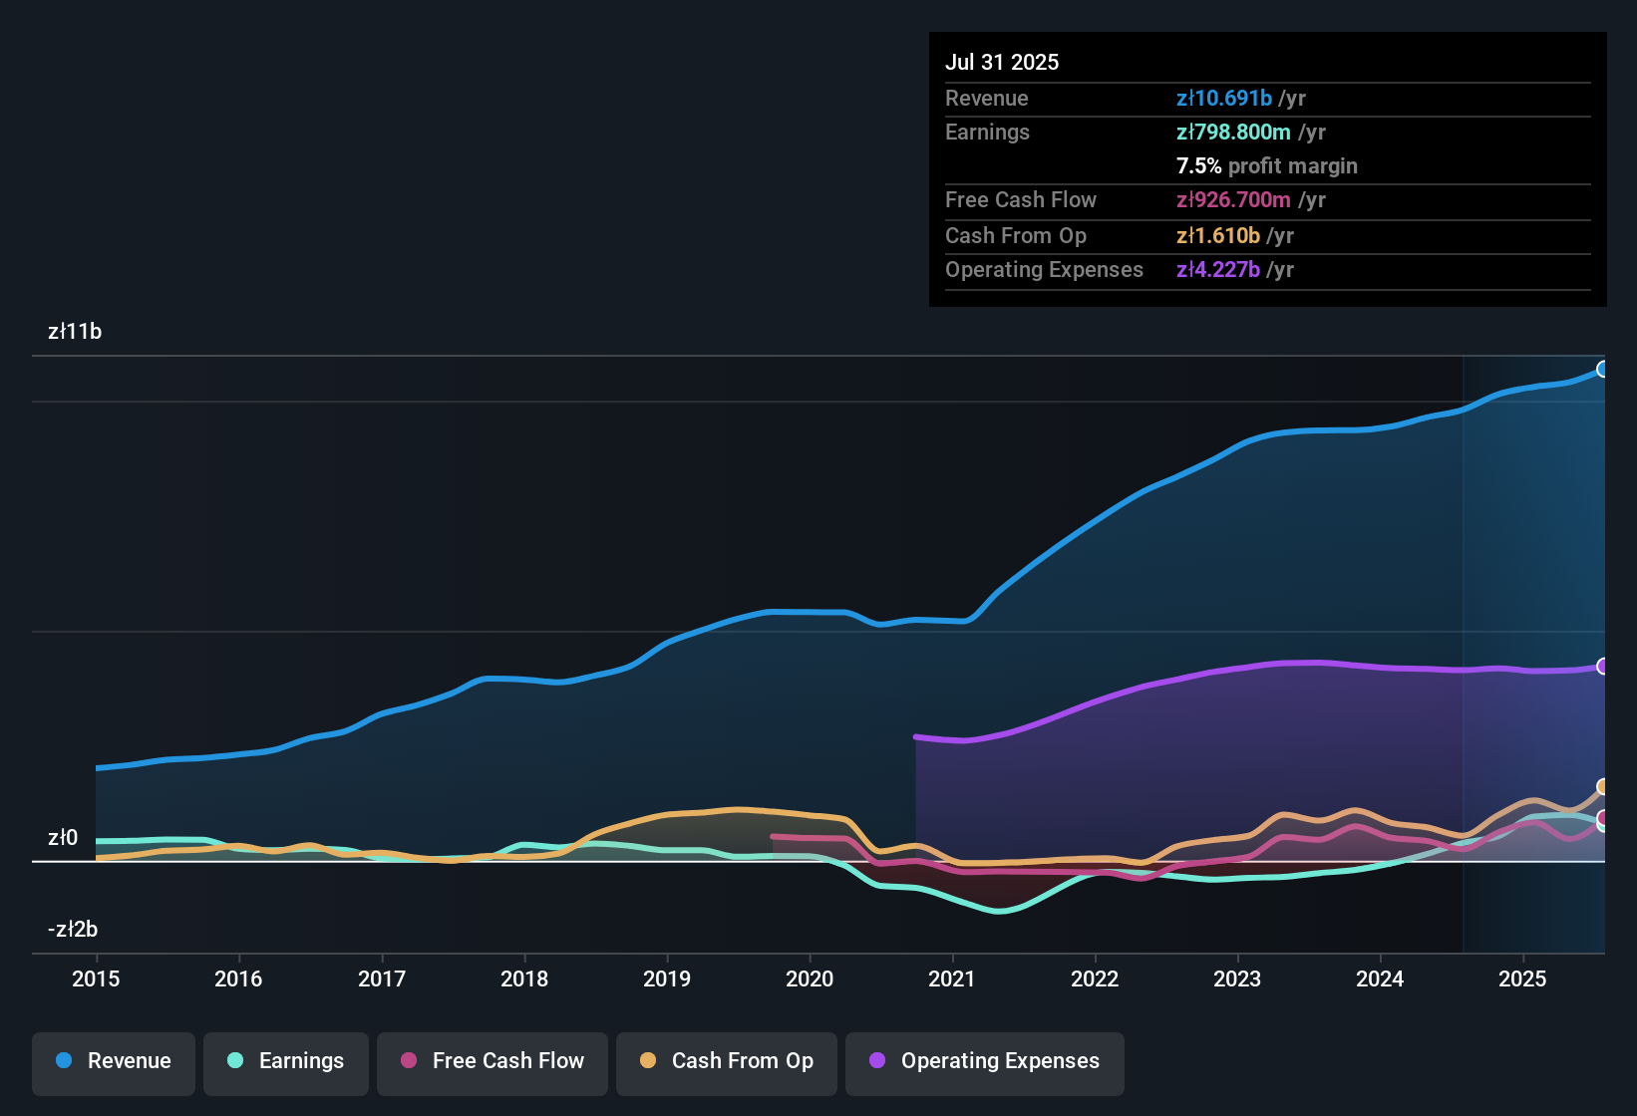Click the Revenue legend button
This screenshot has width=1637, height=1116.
click(x=114, y=1061)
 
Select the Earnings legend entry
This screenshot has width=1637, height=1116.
click(x=286, y=1061)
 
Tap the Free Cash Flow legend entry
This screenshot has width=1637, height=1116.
click(x=492, y=1061)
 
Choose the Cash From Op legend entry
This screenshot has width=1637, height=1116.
click(x=727, y=1061)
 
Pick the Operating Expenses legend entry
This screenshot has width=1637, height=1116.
click(x=985, y=1061)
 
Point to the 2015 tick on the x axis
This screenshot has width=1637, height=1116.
click(x=96, y=978)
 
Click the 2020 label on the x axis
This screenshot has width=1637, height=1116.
click(x=810, y=978)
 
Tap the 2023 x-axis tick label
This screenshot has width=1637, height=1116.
click(x=1237, y=978)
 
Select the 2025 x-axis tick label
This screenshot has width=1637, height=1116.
click(x=1522, y=978)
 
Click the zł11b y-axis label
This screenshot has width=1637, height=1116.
click(x=75, y=332)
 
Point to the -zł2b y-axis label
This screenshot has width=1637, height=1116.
click(x=73, y=930)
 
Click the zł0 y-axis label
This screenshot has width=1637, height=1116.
click(x=63, y=838)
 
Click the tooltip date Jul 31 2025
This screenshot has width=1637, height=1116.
click(x=1002, y=62)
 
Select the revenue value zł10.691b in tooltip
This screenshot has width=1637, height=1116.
click(x=1224, y=99)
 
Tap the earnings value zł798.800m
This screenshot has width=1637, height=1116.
click(x=1233, y=133)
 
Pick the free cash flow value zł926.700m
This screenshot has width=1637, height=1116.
click(x=1233, y=200)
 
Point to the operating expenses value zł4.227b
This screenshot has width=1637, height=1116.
click(x=1218, y=270)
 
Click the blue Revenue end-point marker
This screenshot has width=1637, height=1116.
click(x=1602, y=370)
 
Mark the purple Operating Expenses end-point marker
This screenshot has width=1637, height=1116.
click(x=1602, y=667)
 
